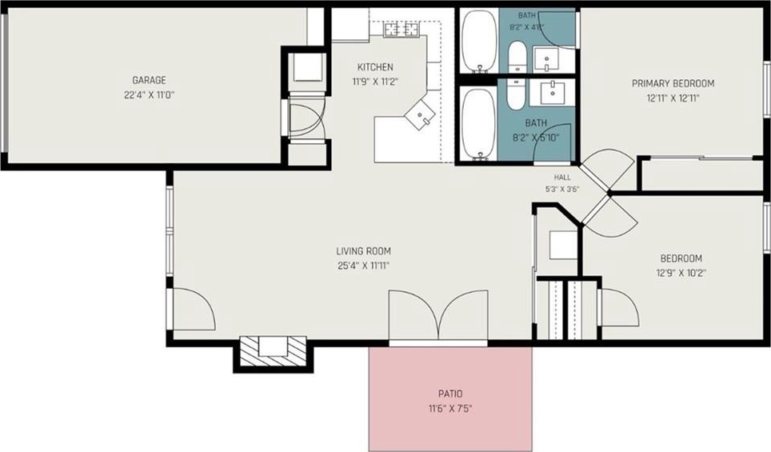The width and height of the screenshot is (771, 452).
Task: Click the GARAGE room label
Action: pos(149,80)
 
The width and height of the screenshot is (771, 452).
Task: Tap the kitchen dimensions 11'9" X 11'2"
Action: pos(374,82)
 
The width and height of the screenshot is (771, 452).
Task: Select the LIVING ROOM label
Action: pos(363,251)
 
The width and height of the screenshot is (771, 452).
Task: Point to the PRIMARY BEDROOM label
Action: pos(673,84)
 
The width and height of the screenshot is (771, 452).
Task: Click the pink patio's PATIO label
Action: pos(450,394)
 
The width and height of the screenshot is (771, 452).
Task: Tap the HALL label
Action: pos(562,178)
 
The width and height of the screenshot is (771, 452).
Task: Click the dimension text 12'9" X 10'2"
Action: pos(681,273)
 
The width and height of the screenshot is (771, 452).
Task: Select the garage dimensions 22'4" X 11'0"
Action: pos(149,95)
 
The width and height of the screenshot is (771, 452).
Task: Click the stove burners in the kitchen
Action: pos(401,30)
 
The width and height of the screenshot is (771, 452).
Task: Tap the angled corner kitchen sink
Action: pos(420,114)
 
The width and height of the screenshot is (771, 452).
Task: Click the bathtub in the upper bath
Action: pos(480,42)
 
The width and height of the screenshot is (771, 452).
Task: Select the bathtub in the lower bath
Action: pos(480,124)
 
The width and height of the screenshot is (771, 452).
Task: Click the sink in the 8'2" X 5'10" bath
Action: pos(553,92)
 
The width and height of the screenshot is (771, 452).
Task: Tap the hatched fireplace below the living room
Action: pos(273,352)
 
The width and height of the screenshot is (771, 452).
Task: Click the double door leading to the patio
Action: pos(438,317)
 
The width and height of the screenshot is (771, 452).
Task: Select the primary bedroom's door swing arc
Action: pos(607,166)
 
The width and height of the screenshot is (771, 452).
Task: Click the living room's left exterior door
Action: pos(192,309)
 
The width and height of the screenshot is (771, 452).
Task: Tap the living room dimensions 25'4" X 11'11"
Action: pos(363,266)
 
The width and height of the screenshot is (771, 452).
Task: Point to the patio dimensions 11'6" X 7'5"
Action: pos(450,409)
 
